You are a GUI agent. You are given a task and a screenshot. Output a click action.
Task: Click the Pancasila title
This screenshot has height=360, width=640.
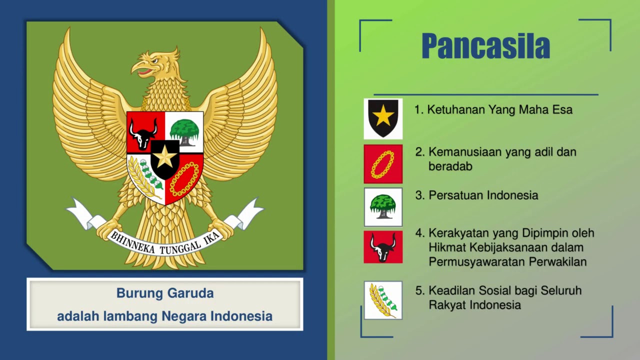coord(485,45)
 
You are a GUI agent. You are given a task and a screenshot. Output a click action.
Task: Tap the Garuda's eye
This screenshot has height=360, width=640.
coord(154,61)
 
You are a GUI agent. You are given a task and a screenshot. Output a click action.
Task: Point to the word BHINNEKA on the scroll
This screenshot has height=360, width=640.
coord(133,242)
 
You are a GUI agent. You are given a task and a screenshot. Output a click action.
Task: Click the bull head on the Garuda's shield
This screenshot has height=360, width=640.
coord(143,133)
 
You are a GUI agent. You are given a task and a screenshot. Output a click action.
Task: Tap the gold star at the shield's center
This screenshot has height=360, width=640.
coord(165,156)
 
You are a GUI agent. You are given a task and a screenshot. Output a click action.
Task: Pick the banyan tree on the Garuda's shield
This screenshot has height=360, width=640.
coord(184,132)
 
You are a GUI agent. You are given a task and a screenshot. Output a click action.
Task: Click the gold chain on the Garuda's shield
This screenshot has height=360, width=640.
coord(184,179)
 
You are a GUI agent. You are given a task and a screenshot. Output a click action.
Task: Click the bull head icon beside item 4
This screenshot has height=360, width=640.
coord(383,247)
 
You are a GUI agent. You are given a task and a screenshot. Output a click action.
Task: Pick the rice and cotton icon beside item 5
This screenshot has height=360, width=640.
coord(383,300)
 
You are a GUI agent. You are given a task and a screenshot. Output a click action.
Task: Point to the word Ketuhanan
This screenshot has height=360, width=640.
coord(456,109)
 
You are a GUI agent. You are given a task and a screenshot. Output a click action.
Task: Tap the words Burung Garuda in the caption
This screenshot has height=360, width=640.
coord(165,293)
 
